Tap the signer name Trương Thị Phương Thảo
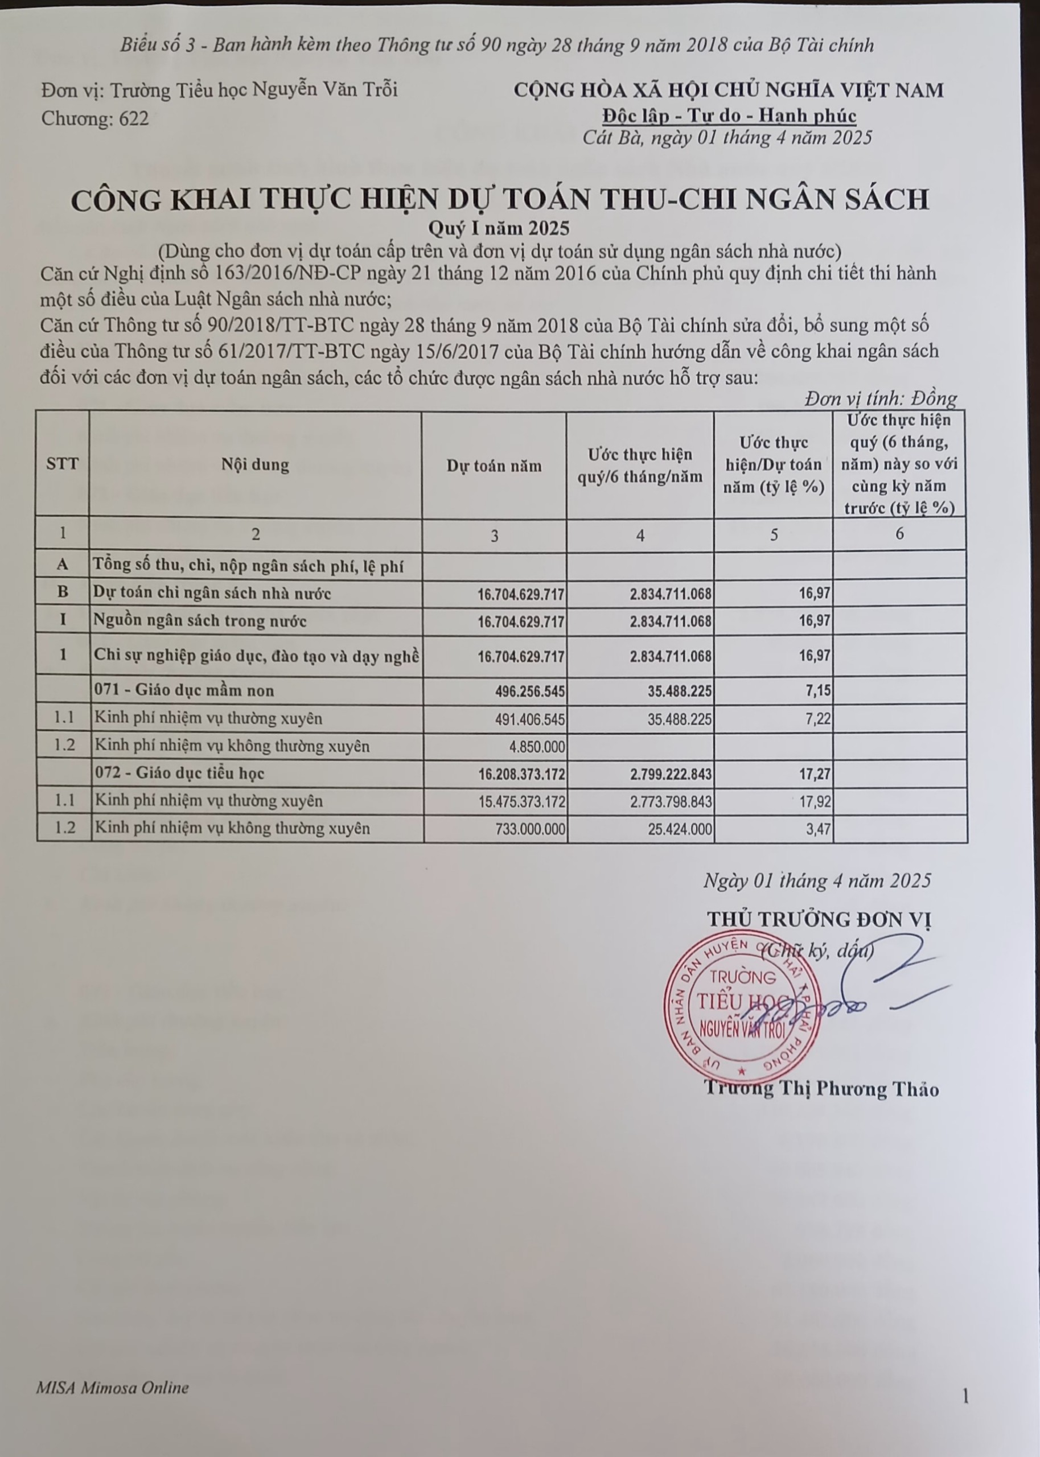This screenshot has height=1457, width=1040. (x=821, y=1089)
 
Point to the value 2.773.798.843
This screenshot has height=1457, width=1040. (x=671, y=801)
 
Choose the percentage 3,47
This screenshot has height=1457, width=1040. (x=818, y=830)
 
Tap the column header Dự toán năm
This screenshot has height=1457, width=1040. (x=494, y=466)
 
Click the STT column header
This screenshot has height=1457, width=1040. (x=62, y=463)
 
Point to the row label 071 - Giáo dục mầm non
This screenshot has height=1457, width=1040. (x=184, y=691)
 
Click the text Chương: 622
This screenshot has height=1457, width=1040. (x=94, y=118)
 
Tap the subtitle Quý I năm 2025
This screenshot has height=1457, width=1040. (x=499, y=228)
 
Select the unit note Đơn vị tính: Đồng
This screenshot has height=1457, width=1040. (x=881, y=399)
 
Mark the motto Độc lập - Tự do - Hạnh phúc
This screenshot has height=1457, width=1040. (x=729, y=116)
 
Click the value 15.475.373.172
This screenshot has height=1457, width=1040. (x=521, y=801)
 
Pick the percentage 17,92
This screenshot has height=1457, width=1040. (x=815, y=801)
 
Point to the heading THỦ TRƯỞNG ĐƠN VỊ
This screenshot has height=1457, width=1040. (x=819, y=919)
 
